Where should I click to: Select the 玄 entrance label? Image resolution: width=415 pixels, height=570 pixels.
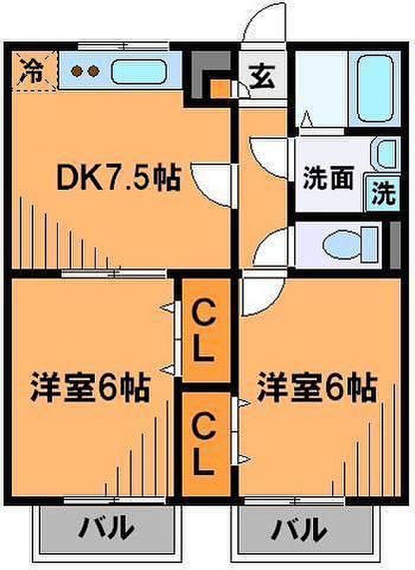click(x=261, y=77)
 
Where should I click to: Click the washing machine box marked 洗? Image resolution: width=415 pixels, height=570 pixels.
click(x=382, y=192)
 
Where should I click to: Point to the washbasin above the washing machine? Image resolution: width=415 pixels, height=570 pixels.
click(x=386, y=153)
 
